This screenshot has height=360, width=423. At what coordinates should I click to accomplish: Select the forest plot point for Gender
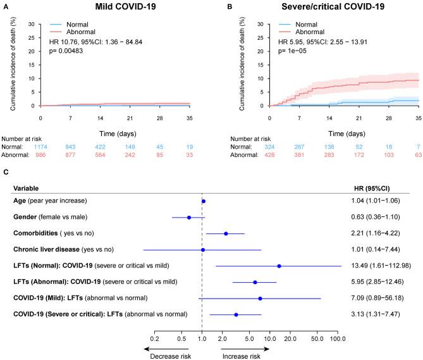point(189,218)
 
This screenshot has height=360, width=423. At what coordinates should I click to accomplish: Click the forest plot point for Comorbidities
point(226,233)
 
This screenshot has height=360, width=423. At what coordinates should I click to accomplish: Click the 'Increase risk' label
point(242,356)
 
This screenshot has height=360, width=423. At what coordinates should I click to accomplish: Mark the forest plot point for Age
point(204,201)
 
